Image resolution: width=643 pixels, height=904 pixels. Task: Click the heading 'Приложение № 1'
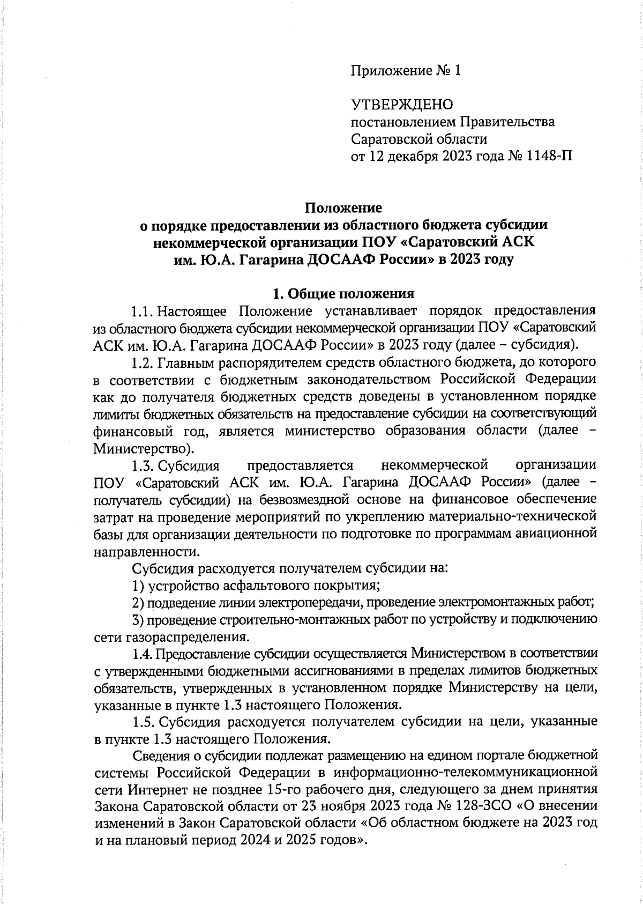pos(406,71)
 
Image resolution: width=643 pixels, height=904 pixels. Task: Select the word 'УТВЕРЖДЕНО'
pos(402,105)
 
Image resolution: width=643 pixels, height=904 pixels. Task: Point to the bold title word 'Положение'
pos(343,208)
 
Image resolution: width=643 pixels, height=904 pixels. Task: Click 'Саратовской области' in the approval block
pos(419,139)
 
